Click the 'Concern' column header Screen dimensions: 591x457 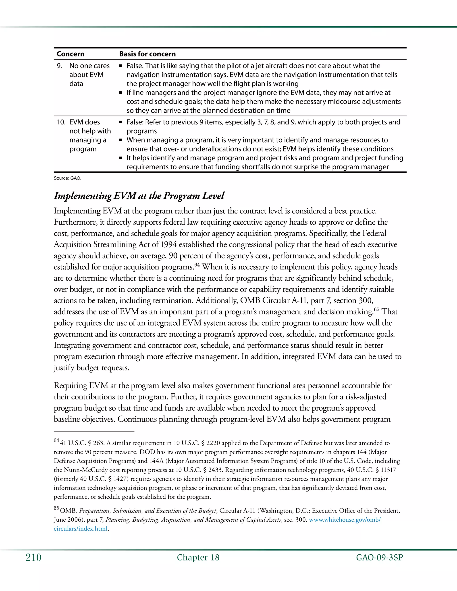pyautogui.click(x=70, y=54)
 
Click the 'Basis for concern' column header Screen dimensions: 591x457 pyautogui.click(x=147, y=54)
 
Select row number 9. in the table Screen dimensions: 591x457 pyautogui.click(x=59, y=66)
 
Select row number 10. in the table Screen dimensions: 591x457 pyautogui.click(x=61, y=122)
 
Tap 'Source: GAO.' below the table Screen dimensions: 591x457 pyautogui.click(x=67, y=178)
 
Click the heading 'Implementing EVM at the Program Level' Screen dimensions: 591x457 pyautogui.click(x=139, y=196)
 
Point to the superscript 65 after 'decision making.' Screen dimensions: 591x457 pyautogui.click(x=377, y=309)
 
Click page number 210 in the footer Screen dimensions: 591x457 pyautogui.click(x=33, y=558)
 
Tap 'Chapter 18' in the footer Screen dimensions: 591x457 pyautogui.click(x=198, y=558)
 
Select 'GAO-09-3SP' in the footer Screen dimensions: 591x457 pyautogui.click(x=379, y=558)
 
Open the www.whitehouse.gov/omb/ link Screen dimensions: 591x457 pyautogui.click(x=345, y=520)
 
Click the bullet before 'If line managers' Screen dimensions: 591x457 pyautogui.click(x=121, y=93)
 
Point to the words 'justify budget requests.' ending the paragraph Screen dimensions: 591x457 pyautogui.click(x=91, y=368)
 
